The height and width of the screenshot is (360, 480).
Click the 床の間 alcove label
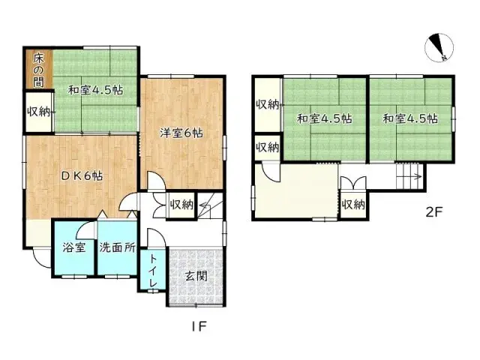point(38,70)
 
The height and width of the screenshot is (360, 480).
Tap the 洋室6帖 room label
point(181,133)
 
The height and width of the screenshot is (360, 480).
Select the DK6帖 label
point(82,175)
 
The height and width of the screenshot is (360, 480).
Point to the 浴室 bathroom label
point(73,247)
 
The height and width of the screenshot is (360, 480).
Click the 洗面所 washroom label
point(117,247)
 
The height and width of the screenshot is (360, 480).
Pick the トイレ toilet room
point(153,271)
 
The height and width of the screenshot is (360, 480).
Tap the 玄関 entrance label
point(196,277)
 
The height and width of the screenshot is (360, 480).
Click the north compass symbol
point(439,48)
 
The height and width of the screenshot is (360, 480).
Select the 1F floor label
point(199,326)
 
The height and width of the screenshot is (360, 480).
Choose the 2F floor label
point(434,211)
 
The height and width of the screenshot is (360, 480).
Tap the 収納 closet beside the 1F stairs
point(181,205)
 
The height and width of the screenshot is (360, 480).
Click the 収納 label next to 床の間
point(38,112)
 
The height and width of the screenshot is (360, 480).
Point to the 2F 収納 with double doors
point(353,205)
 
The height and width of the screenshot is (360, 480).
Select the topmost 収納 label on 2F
point(268,105)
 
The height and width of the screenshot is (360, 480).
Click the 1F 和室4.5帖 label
point(95,90)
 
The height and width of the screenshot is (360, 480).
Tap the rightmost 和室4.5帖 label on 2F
point(410,118)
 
